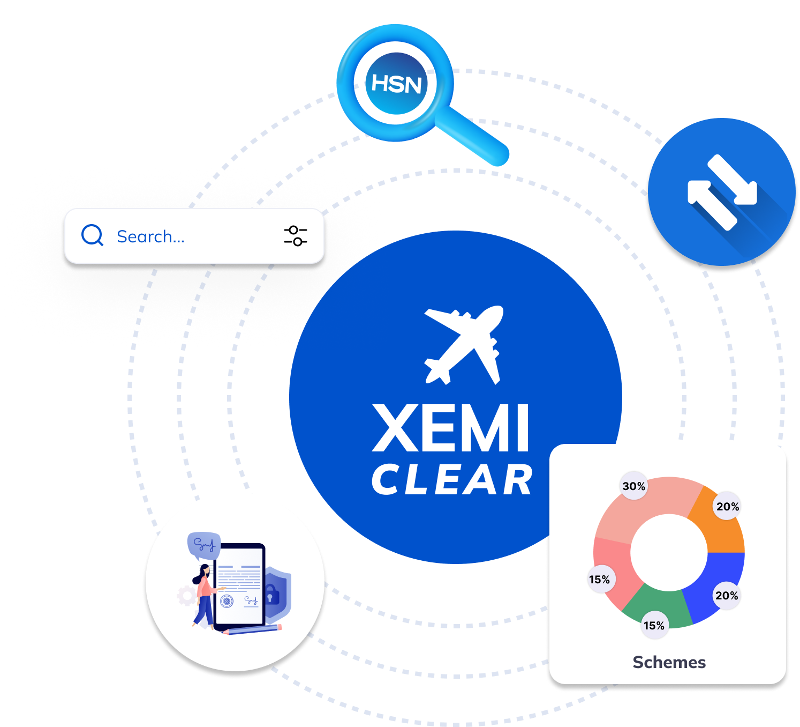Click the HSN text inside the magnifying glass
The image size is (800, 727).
tap(396, 84)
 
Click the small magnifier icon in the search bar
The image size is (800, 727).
tap(92, 235)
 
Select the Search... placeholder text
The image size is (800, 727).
tap(150, 236)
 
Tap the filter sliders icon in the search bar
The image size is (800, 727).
tap(295, 236)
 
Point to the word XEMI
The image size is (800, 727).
tap(451, 429)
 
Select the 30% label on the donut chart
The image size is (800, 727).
tap(633, 486)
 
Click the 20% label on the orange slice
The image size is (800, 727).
tap(727, 507)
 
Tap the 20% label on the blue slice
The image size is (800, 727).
tap(727, 596)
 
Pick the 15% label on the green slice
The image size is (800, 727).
tap(654, 626)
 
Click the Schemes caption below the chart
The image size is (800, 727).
tap(669, 662)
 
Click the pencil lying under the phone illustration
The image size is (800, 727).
tap(252, 629)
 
